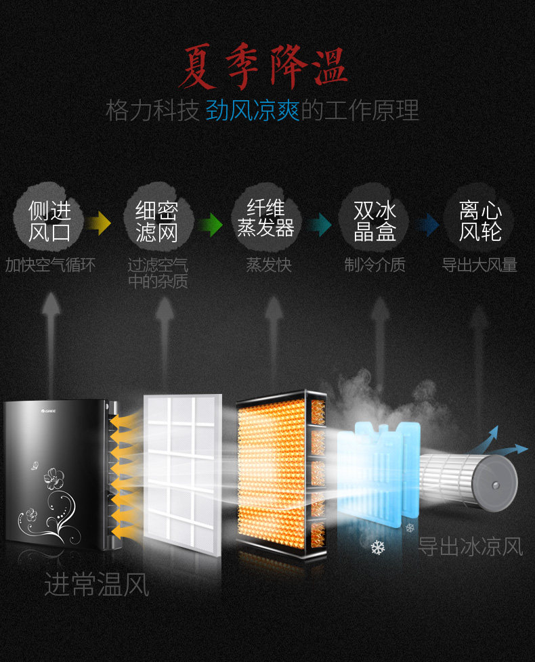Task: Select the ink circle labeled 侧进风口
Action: coord(49,221)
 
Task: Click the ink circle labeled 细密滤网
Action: coord(156,221)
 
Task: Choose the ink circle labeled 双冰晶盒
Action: coord(374,221)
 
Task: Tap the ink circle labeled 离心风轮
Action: coord(479,221)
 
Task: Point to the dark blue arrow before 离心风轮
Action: coord(427,223)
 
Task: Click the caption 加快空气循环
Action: coord(50,265)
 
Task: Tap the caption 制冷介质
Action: coord(374,265)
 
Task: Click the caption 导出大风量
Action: coord(479,265)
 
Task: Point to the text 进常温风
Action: coord(96,583)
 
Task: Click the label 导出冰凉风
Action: coord(469,546)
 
